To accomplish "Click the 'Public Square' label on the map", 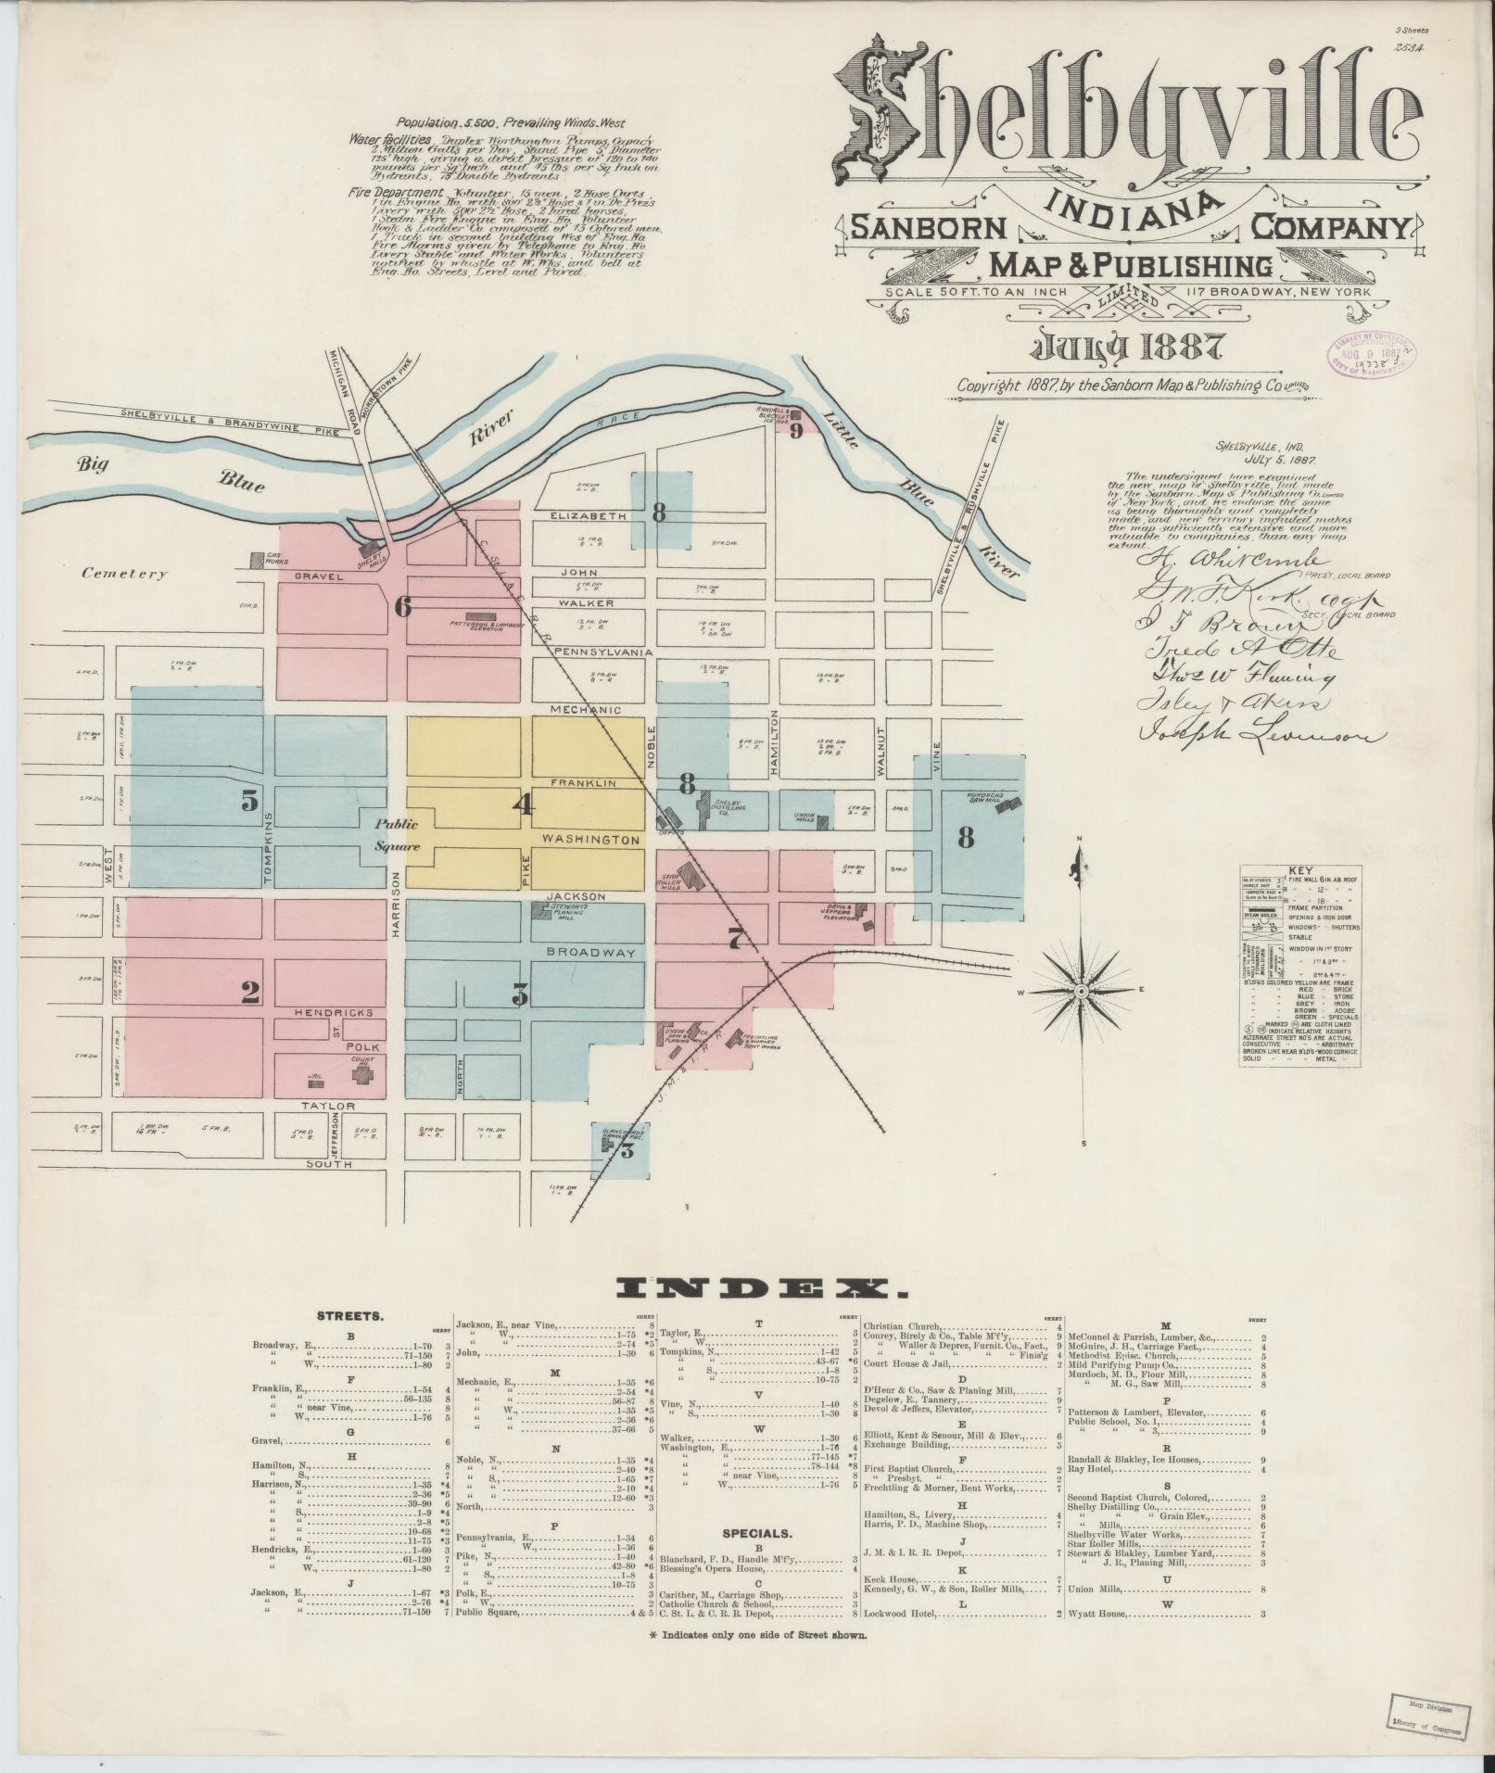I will [398, 835].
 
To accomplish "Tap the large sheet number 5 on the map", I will [249, 801].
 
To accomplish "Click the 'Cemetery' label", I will [124, 574].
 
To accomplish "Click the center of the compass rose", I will [1081, 993].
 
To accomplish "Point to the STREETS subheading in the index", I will [344, 1315].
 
